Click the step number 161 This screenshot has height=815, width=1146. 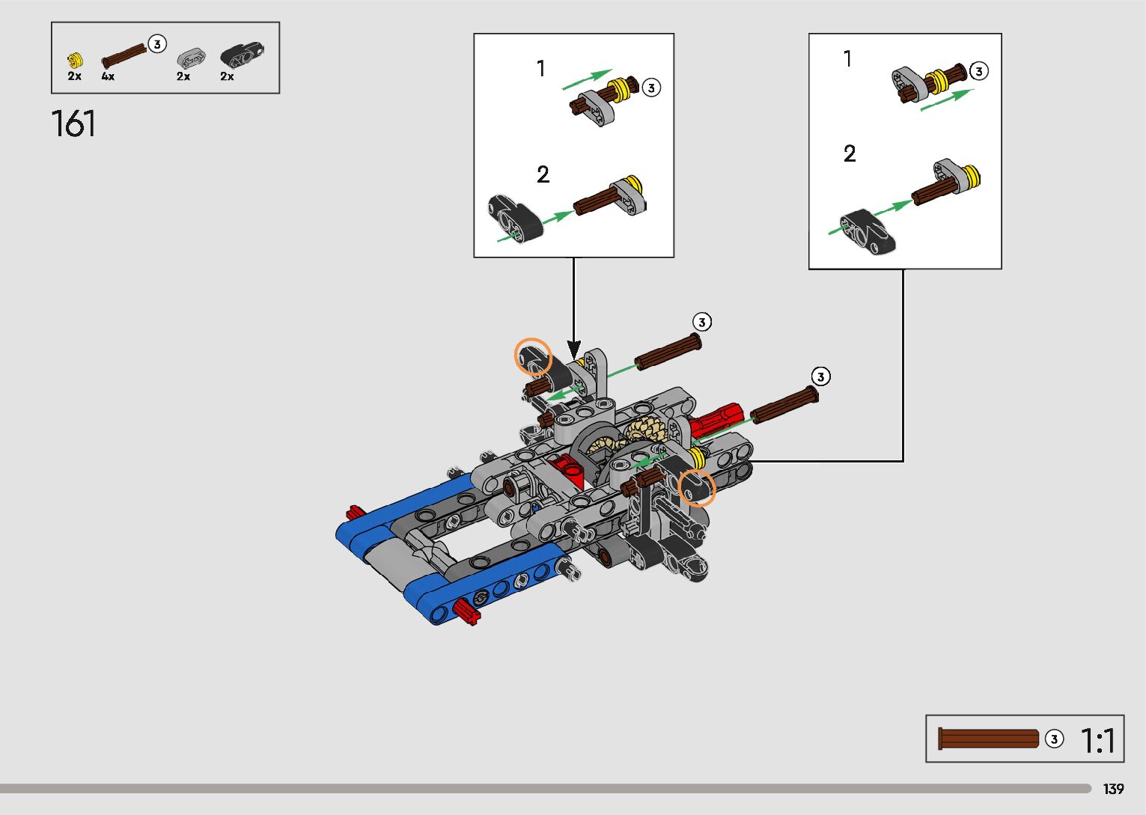coord(73,123)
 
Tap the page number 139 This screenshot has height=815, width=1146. coord(1113,789)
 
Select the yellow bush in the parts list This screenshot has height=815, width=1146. coord(75,61)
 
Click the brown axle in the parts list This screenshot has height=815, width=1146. coord(124,56)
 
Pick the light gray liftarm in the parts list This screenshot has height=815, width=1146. coord(192,58)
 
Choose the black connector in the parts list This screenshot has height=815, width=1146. coord(242,55)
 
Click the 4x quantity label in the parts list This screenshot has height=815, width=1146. coord(108,77)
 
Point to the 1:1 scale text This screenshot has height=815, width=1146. coord(1097,740)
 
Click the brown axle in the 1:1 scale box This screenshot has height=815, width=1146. coord(988,739)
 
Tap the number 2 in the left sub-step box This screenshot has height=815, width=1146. coord(543,174)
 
